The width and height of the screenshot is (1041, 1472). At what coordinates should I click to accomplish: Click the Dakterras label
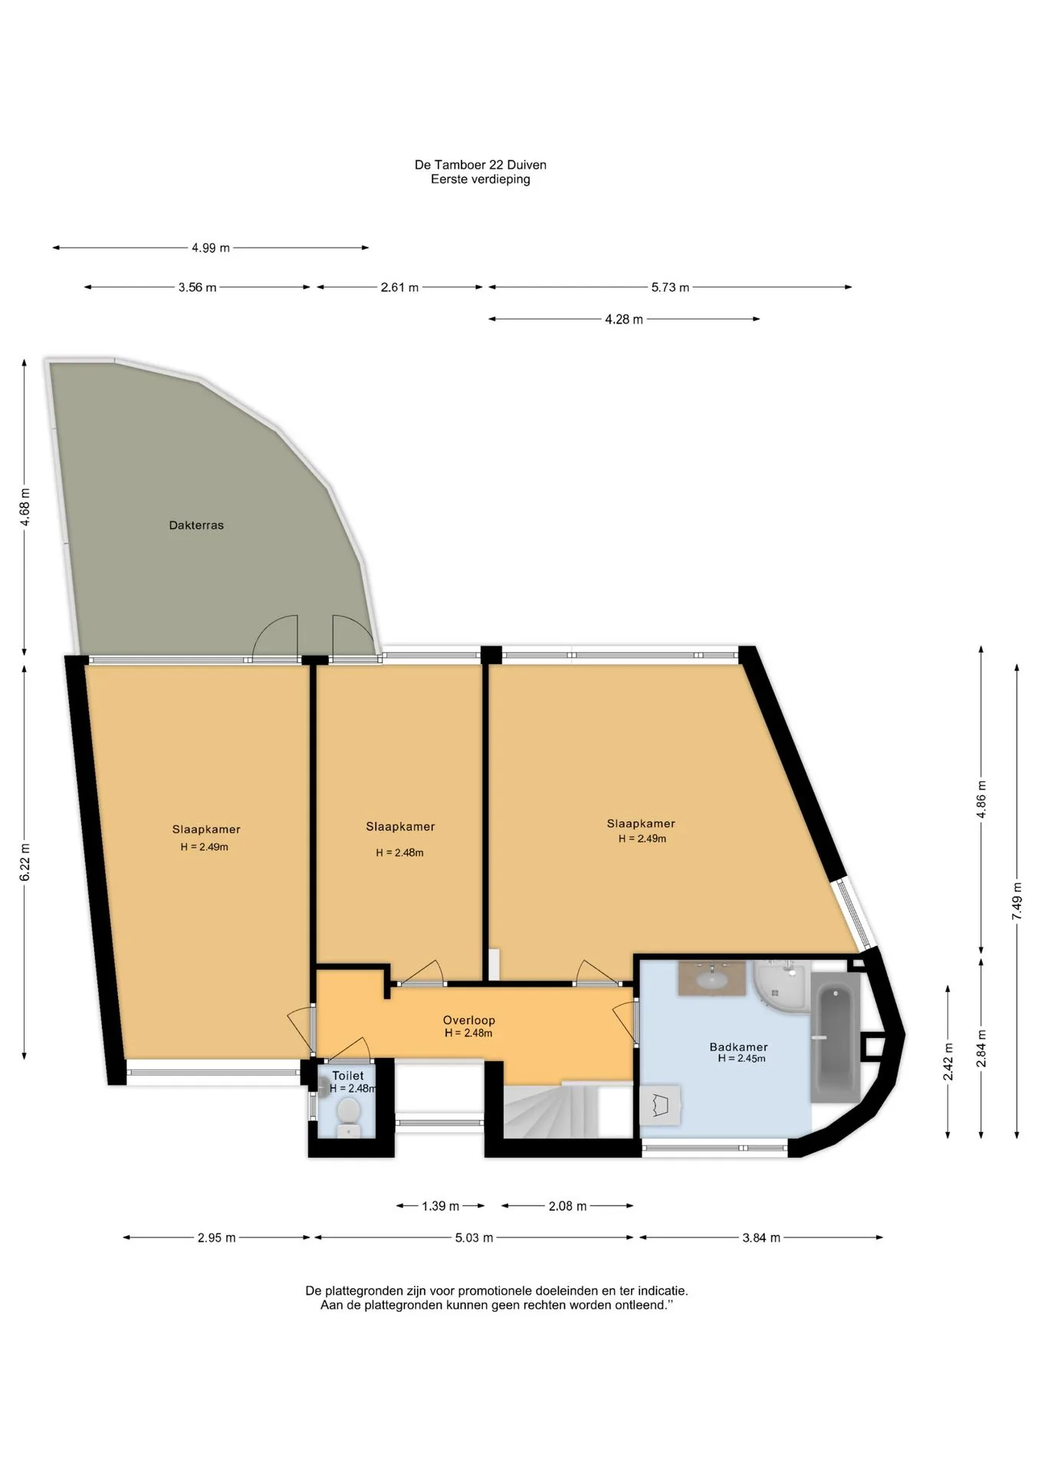pos(196,525)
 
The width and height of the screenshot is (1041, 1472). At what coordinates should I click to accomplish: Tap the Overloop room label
pos(468,1020)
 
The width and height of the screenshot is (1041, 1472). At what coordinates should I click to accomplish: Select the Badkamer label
pos(738,1047)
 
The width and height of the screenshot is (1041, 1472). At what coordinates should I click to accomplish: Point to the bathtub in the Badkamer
pos(836,1038)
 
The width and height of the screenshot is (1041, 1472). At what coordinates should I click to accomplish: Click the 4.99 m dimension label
pos(211,248)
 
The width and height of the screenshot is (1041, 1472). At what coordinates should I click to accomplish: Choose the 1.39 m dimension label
pos(441,1206)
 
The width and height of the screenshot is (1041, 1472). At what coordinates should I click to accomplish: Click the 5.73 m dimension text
pos(670,287)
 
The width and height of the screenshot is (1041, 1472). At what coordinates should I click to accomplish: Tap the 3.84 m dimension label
pos(761,1237)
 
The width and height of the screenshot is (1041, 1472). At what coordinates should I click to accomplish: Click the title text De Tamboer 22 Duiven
pos(481,165)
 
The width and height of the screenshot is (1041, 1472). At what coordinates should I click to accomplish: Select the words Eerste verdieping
pos(481,179)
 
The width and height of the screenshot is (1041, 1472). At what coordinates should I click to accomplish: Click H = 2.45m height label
pos(741,1059)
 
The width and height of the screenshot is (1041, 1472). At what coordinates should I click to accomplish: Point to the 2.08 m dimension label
pos(567,1206)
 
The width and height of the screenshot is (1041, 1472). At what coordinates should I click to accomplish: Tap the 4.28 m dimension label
pos(624,319)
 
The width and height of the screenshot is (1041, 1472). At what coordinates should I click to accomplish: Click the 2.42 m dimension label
pos(947,1062)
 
